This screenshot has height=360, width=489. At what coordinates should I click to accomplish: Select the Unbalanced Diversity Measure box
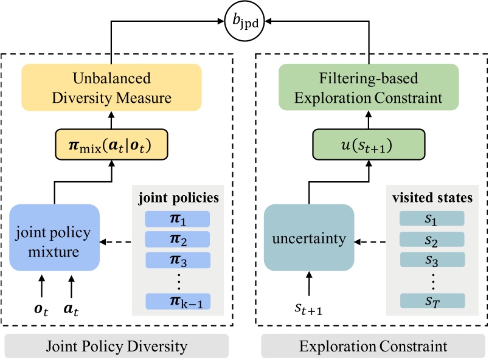(111, 88)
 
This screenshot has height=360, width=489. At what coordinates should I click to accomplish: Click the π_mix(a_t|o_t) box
(111, 147)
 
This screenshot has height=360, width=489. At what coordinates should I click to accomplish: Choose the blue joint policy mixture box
(54, 238)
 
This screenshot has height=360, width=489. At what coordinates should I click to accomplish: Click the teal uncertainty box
(309, 238)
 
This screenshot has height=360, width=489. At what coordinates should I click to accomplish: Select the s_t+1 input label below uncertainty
(309, 311)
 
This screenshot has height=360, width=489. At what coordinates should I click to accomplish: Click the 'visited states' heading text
(431, 198)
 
